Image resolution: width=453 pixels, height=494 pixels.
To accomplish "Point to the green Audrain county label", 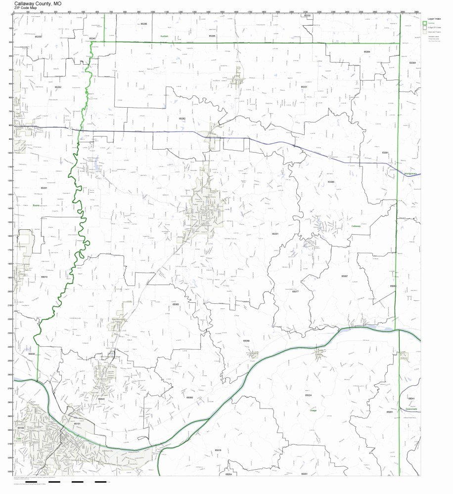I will (164, 37).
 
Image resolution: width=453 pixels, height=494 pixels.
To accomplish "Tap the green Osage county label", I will (313, 410).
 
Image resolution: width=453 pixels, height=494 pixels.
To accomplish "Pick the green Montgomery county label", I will (410, 174).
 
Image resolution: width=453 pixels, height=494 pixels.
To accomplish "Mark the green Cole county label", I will (18, 438).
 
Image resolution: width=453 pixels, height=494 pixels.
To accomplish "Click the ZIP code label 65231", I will (304, 86).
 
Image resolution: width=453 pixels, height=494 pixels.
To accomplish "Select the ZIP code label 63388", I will (331, 182).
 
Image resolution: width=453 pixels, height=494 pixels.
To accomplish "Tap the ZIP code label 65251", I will (275, 233).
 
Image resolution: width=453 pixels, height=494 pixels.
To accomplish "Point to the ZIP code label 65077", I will (295, 292).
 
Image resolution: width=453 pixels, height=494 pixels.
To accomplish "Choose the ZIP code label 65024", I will (308, 396).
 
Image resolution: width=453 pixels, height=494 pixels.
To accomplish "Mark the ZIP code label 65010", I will (45, 277).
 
